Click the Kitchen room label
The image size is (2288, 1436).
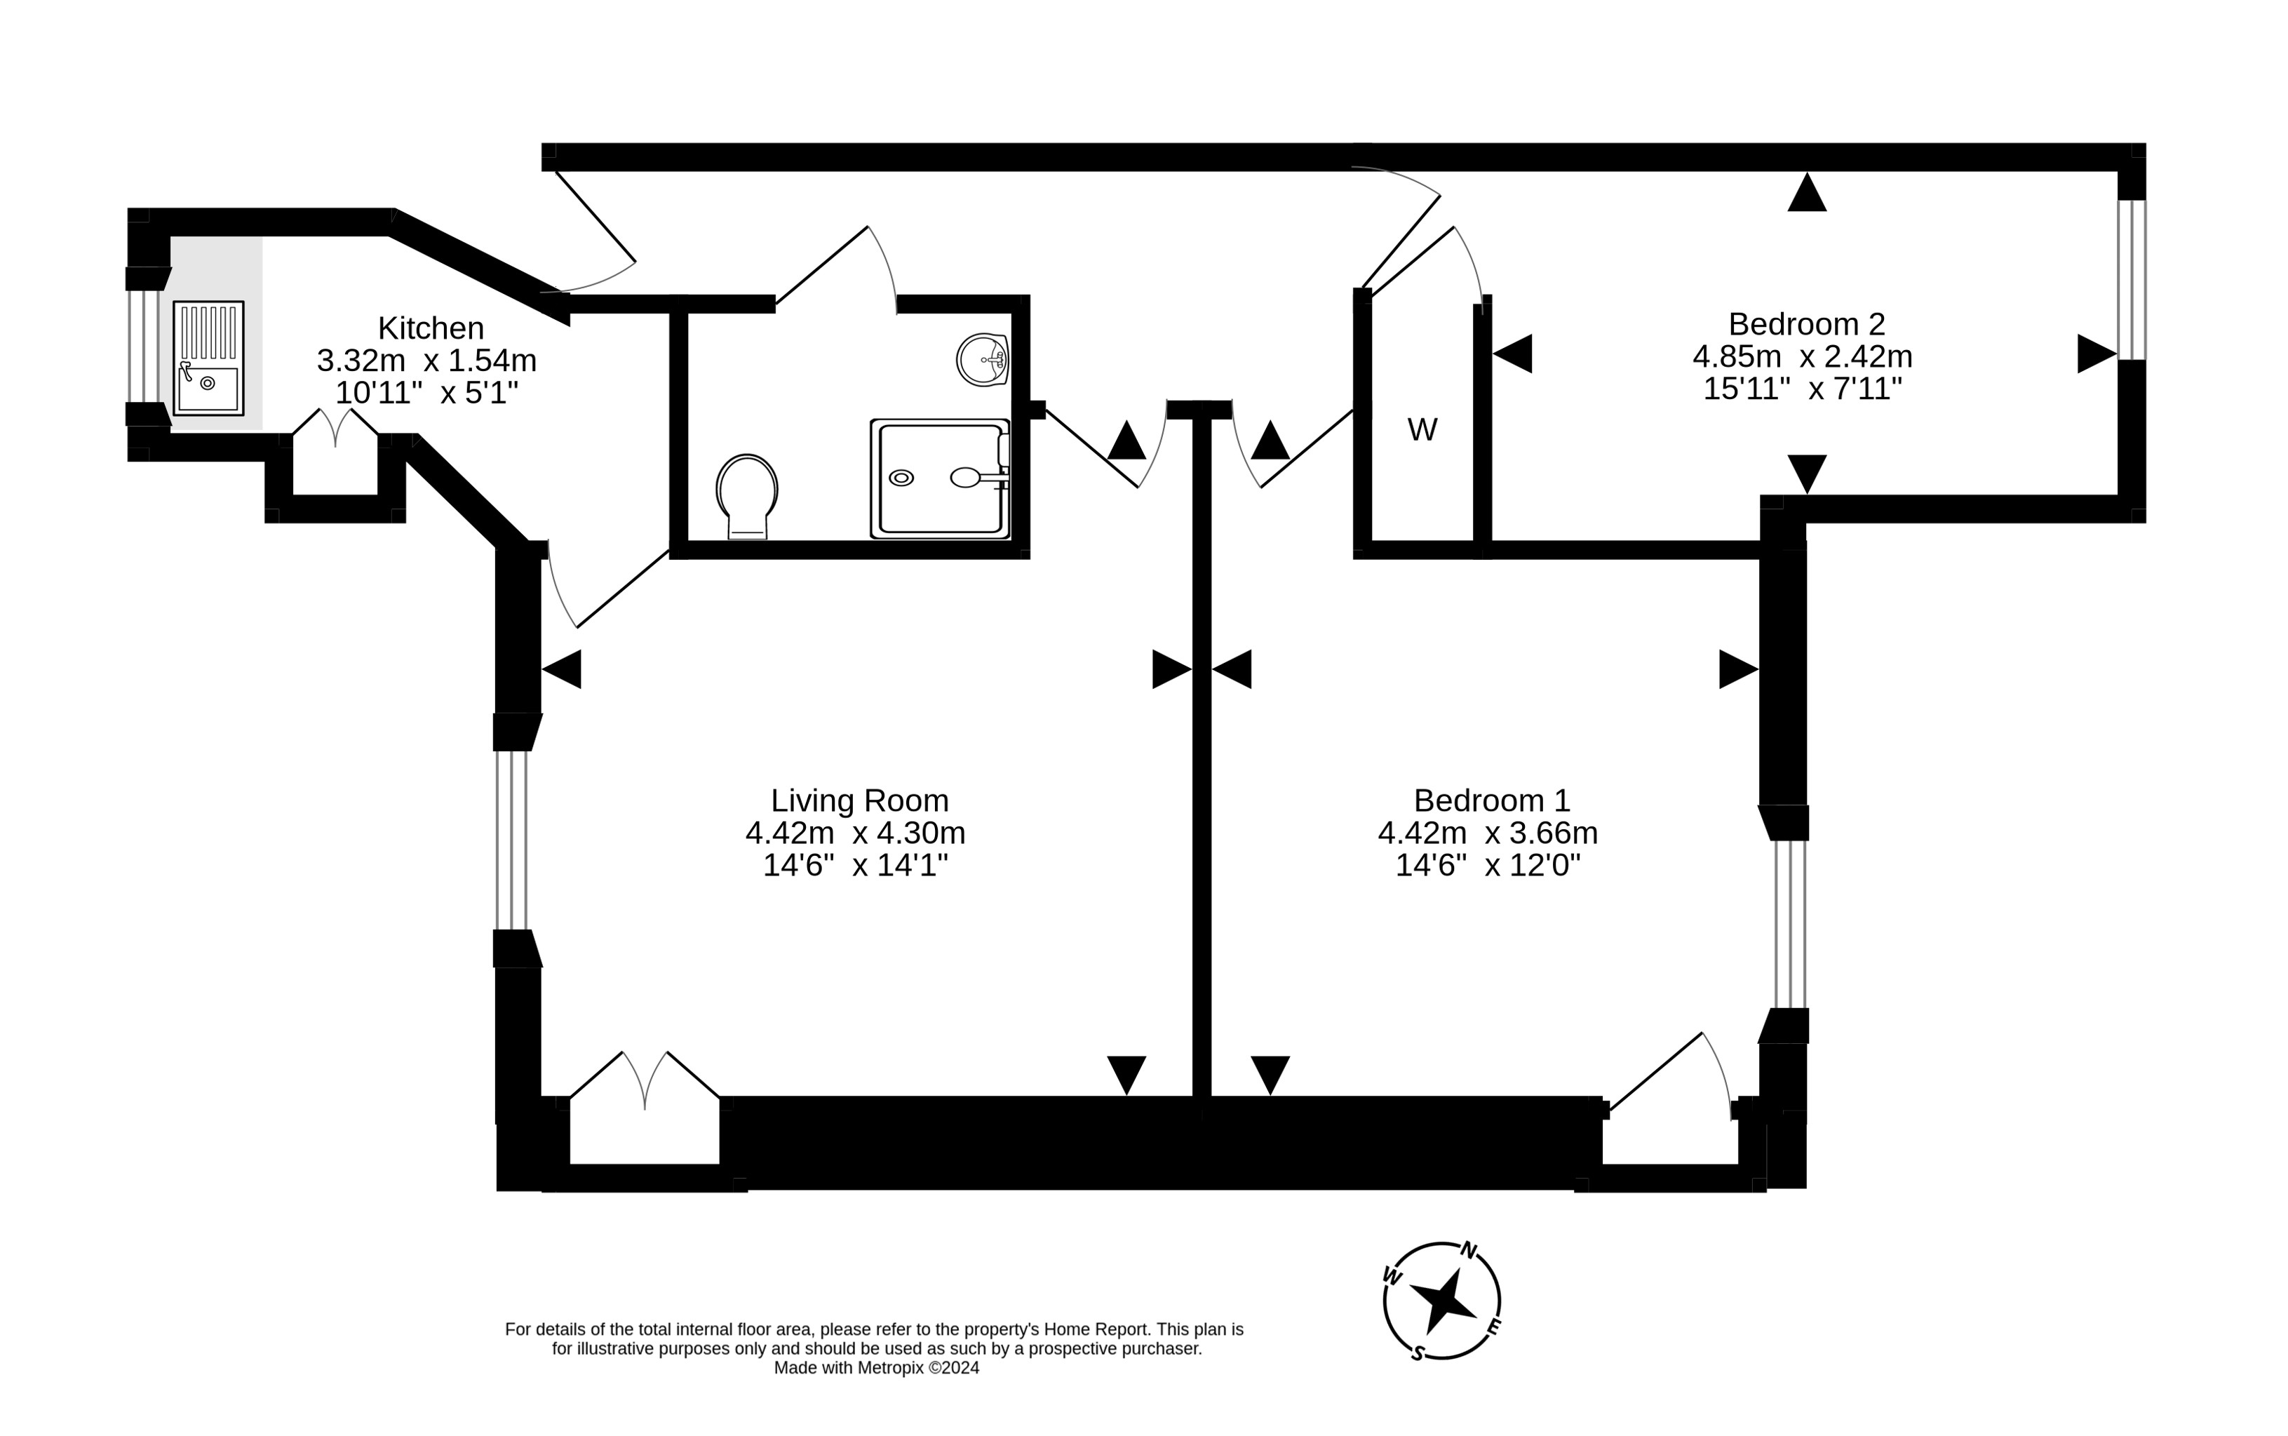pos(430,328)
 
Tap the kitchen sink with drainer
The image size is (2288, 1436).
pos(208,358)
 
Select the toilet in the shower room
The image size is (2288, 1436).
pos(747,495)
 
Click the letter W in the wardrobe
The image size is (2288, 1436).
pos(1421,430)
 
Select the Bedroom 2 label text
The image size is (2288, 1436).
pos(1805,324)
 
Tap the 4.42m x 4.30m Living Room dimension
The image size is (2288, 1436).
pos(854,833)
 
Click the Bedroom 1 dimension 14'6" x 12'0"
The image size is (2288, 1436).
pos(1487,865)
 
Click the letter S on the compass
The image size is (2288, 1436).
pos(1416,1353)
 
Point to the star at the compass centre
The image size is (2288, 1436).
pos(1442,1301)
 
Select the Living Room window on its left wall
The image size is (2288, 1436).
pos(512,840)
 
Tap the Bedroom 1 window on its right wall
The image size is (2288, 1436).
pos(1789,923)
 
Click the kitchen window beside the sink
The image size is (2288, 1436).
pos(144,346)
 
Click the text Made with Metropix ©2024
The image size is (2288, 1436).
pos(875,1368)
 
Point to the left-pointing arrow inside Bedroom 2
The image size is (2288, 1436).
pos(1512,354)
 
